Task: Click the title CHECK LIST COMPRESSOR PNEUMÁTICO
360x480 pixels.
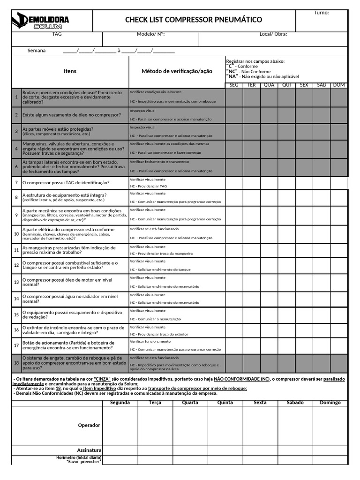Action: [x=194, y=20]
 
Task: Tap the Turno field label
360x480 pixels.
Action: [x=322, y=13]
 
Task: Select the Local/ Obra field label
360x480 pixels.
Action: [x=273, y=34]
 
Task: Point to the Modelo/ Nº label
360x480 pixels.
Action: [x=150, y=34]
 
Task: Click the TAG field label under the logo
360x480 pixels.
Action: [x=57, y=34]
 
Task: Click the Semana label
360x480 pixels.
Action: [x=37, y=51]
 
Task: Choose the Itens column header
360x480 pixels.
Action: [x=70, y=71]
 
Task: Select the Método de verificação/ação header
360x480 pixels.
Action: [x=177, y=71]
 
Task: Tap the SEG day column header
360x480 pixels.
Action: [x=234, y=85]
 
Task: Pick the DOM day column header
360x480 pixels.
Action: [x=339, y=85]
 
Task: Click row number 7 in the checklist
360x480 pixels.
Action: [x=16, y=183]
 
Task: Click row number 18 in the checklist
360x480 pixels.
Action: [x=16, y=363]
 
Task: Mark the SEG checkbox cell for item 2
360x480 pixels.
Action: [x=234, y=115]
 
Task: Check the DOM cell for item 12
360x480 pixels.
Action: [x=339, y=265]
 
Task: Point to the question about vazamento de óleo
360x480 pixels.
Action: [x=72, y=115]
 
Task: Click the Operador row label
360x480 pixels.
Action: [x=89, y=425]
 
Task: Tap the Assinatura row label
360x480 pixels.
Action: [x=89, y=450]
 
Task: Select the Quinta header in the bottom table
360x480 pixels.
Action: [x=225, y=403]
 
